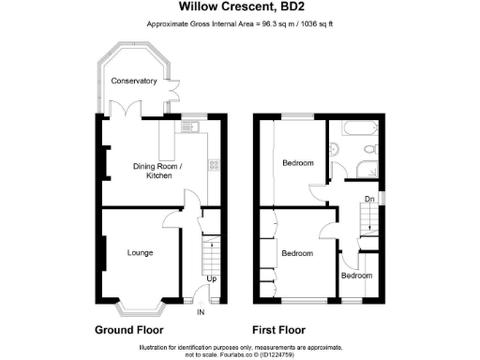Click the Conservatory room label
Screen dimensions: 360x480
click(x=134, y=82)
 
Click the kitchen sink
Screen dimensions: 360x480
click(x=195, y=127)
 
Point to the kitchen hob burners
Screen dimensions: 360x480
click(x=215, y=166)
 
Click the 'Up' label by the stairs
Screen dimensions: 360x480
click(x=212, y=279)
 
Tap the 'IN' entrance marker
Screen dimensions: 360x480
click(x=201, y=311)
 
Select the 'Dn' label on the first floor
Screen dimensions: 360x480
click(x=369, y=199)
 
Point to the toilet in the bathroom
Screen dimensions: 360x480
click(x=371, y=149)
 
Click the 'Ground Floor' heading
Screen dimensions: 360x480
click(x=129, y=331)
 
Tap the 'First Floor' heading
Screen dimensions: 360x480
click(x=279, y=331)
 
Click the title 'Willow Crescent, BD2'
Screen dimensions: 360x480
click(x=239, y=8)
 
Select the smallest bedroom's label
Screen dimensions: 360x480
click(x=356, y=277)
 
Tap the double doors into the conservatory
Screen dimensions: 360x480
click(x=132, y=109)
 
